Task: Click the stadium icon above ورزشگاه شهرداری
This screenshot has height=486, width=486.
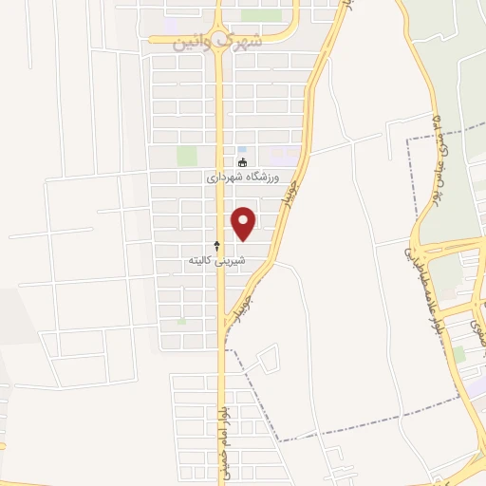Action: [242, 162]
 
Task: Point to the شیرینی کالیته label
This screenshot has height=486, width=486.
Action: [216, 258]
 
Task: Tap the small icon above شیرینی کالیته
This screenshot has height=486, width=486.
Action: [216, 245]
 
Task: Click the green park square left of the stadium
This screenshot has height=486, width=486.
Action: [186, 156]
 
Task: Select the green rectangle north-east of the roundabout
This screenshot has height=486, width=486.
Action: [261, 15]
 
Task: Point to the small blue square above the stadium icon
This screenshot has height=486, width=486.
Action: [242, 150]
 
